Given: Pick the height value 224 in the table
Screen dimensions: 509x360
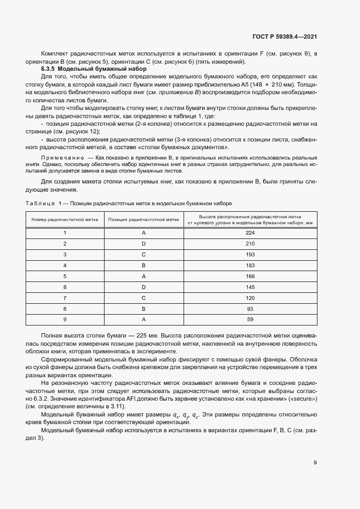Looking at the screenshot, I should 250,232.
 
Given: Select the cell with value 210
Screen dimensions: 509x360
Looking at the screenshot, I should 250,243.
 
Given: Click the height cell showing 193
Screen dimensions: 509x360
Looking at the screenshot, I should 250,254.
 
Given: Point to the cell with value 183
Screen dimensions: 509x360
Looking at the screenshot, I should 250,265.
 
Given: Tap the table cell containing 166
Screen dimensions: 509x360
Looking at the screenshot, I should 250,276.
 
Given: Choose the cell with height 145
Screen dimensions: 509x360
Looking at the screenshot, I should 250,287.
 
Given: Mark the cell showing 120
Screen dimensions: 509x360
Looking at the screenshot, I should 250,298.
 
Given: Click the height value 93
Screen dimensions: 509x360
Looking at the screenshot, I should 250,309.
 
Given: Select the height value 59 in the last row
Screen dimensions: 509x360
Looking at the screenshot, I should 250,320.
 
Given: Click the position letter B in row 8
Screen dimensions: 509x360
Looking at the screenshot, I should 144,309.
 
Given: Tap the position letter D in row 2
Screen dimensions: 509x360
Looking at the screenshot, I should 144,243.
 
